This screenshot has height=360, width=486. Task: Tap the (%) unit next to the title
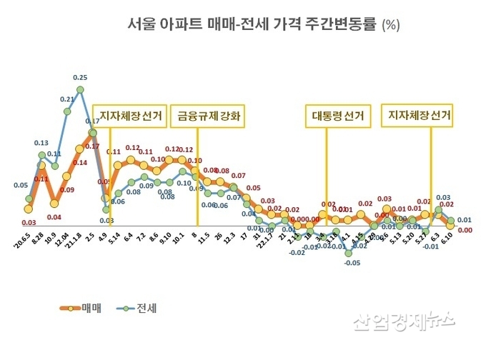pyautogui.click(x=391, y=25)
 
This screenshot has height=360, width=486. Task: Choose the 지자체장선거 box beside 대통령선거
pyautogui.click(x=420, y=115)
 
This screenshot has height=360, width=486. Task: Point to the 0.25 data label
pyautogui.click(x=80, y=77)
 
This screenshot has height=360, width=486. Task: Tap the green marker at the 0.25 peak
pyautogui.click(x=80, y=89)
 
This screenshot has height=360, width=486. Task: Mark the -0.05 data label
pyautogui.click(x=350, y=263)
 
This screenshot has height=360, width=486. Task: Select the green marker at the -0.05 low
pyautogui.click(x=348, y=252)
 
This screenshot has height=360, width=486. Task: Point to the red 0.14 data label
pyautogui.click(x=79, y=163)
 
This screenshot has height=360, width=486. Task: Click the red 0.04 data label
pyautogui.click(x=54, y=216)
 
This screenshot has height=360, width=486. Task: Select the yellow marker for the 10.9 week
pyautogui.click(x=54, y=204)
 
